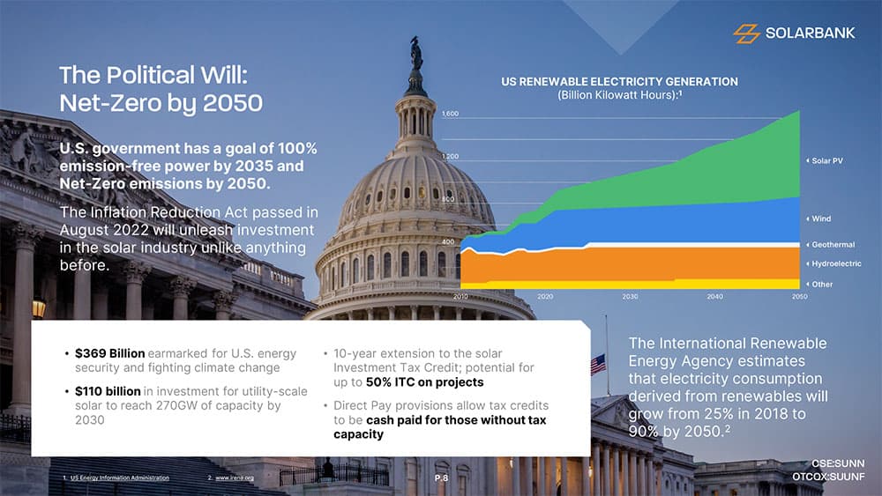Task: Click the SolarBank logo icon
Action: coord(746,33)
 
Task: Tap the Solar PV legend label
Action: coord(827,160)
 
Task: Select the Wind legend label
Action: coord(821,218)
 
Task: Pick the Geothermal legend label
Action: coord(833,245)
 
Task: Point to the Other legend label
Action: coord(822,285)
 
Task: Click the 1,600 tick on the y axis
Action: coord(450,115)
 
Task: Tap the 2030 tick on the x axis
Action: coord(630,297)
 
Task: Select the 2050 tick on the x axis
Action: coord(799,297)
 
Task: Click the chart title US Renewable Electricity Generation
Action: coord(619,82)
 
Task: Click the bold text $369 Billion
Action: coord(109,353)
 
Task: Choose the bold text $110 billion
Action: coord(108,391)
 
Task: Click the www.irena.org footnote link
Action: coord(235,478)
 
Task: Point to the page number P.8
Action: coord(442,477)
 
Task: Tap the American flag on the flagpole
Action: coord(598,362)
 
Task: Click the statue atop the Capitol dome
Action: coord(415,55)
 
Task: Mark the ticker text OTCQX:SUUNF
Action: coord(829,477)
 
